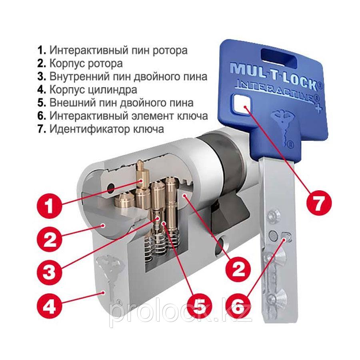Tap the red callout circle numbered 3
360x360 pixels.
pyautogui.click(x=49, y=272)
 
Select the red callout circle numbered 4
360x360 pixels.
pyautogui.click(x=49, y=306)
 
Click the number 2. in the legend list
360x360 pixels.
pyautogui.click(x=42, y=63)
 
